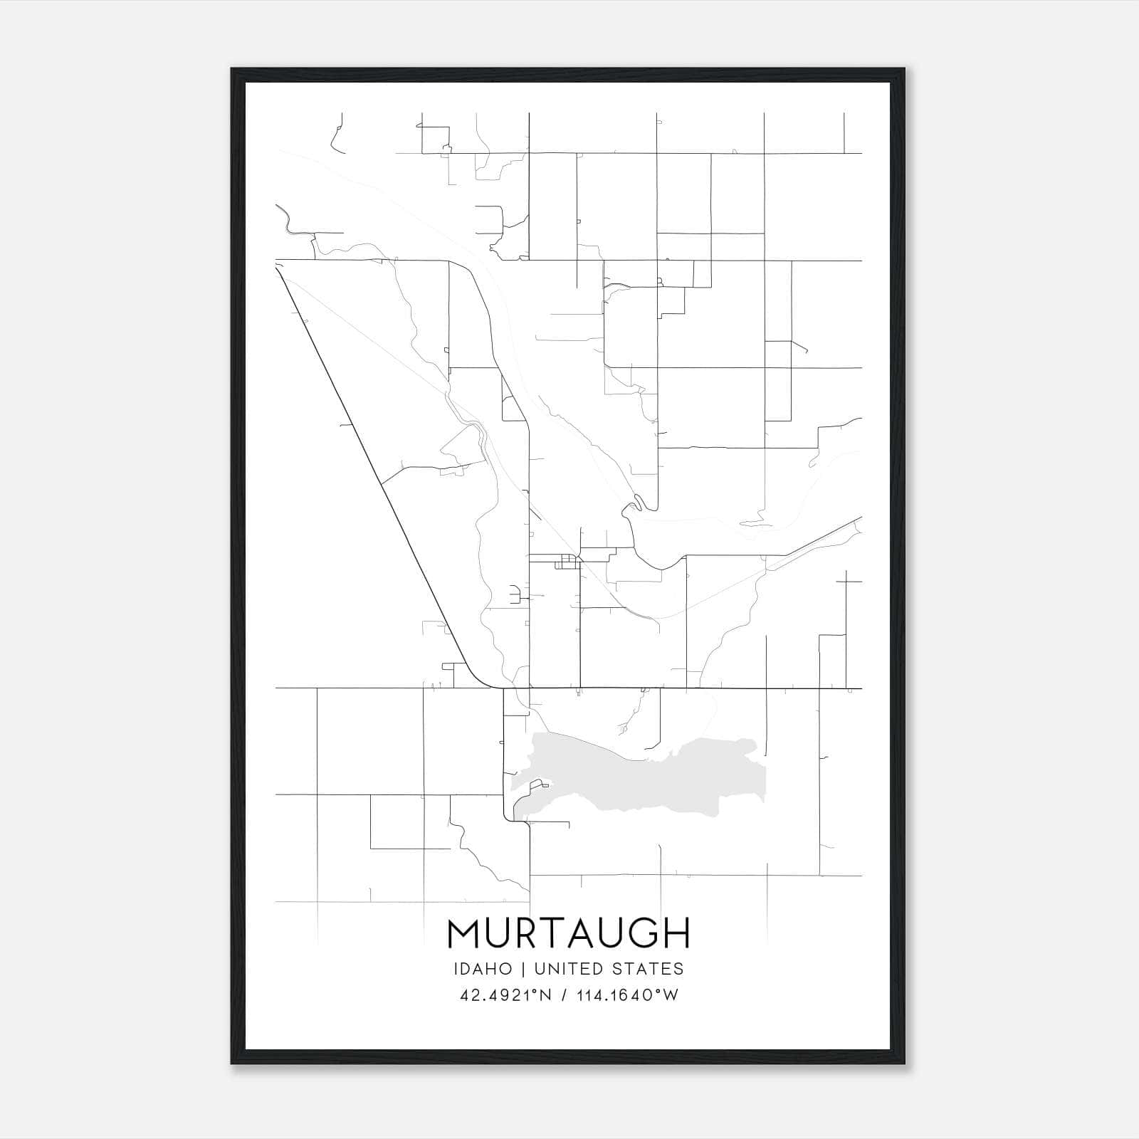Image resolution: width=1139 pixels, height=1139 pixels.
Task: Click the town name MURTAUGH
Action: coord(569,933)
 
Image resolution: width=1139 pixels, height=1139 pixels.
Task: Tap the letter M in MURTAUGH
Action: coord(464,933)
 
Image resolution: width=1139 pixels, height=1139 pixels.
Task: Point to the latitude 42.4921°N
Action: coord(507,995)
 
